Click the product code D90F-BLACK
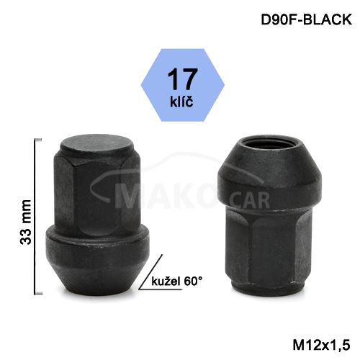(x=306, y=19)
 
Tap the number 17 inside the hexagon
(x=183, y=78)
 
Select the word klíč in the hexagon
(x=181, y=101)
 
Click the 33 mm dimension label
(x=26, y=222)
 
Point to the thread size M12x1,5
(x=322, y=346)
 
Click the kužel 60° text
(x=177, y=281)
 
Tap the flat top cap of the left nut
(x=97, y=147)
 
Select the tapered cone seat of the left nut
(x=97, y=279)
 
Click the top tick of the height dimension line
(x=38, y=140)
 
